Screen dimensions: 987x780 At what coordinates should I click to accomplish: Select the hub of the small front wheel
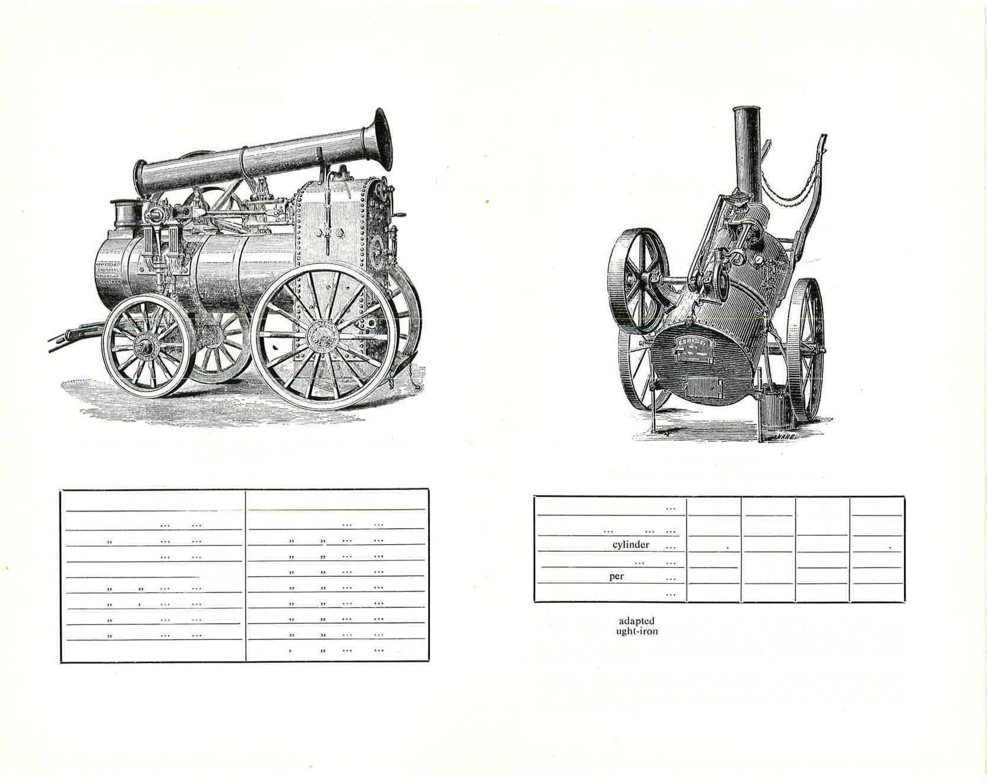pos(144,347)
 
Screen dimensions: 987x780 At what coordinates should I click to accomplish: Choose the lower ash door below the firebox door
pos(704,387)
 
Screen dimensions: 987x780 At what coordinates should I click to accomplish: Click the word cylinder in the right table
pos(631,545)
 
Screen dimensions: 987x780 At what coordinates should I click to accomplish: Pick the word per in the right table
pos(616,576)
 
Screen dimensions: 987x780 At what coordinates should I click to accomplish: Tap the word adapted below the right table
pos(636,621)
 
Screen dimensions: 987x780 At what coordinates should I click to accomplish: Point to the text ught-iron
pos(637,631)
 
